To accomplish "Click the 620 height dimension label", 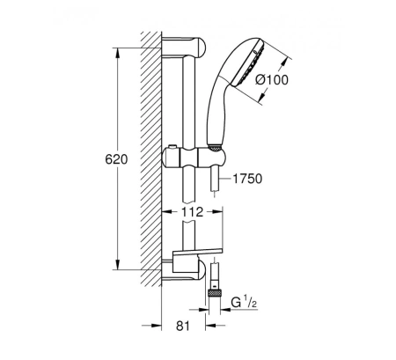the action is [116, 159].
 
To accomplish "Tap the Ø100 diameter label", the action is [272, 80].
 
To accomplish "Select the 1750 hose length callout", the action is [247, 179].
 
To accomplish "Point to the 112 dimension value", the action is [192, 212].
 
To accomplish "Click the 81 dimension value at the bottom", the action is [183, 326].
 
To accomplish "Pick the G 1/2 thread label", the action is [244, 303].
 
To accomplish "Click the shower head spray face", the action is [249, 63].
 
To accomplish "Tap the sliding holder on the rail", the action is [194, 158].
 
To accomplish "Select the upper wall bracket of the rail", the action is [184, 47].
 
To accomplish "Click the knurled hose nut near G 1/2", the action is [214, 292].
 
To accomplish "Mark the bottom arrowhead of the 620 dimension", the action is [118, 264].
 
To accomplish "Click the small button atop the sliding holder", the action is [172, 146].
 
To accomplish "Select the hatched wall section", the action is [151, 158].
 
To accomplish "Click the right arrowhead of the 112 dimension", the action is [217, 212].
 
